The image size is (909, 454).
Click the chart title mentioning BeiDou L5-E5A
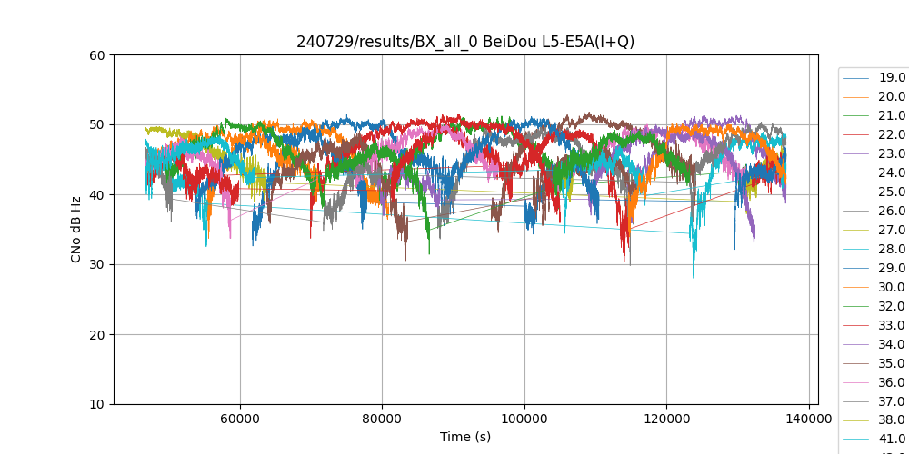point(465,42)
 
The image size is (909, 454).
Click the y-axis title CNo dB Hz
point(76,230)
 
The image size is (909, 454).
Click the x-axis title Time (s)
point(465,437)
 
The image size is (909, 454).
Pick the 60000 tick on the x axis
point(240,418)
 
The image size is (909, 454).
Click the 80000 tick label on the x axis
point(382,418)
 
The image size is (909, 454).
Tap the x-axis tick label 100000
point(524,418)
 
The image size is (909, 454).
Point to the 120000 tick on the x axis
point(666,418)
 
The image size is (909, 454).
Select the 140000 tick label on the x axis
point(808,418)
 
